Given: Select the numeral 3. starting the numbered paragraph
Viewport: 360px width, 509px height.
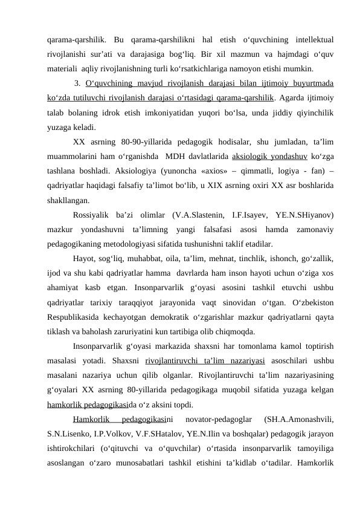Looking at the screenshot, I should pos(77,83).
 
